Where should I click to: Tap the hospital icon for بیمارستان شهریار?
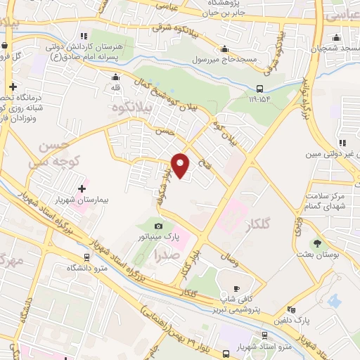click(83, 188)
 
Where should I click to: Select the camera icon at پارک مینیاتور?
click(159, 226)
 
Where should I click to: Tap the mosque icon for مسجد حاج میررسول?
click(224, 49)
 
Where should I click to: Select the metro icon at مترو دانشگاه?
click(86, 257)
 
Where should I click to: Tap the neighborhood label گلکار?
click(259, 225)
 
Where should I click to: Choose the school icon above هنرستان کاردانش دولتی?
click(84, 36)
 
